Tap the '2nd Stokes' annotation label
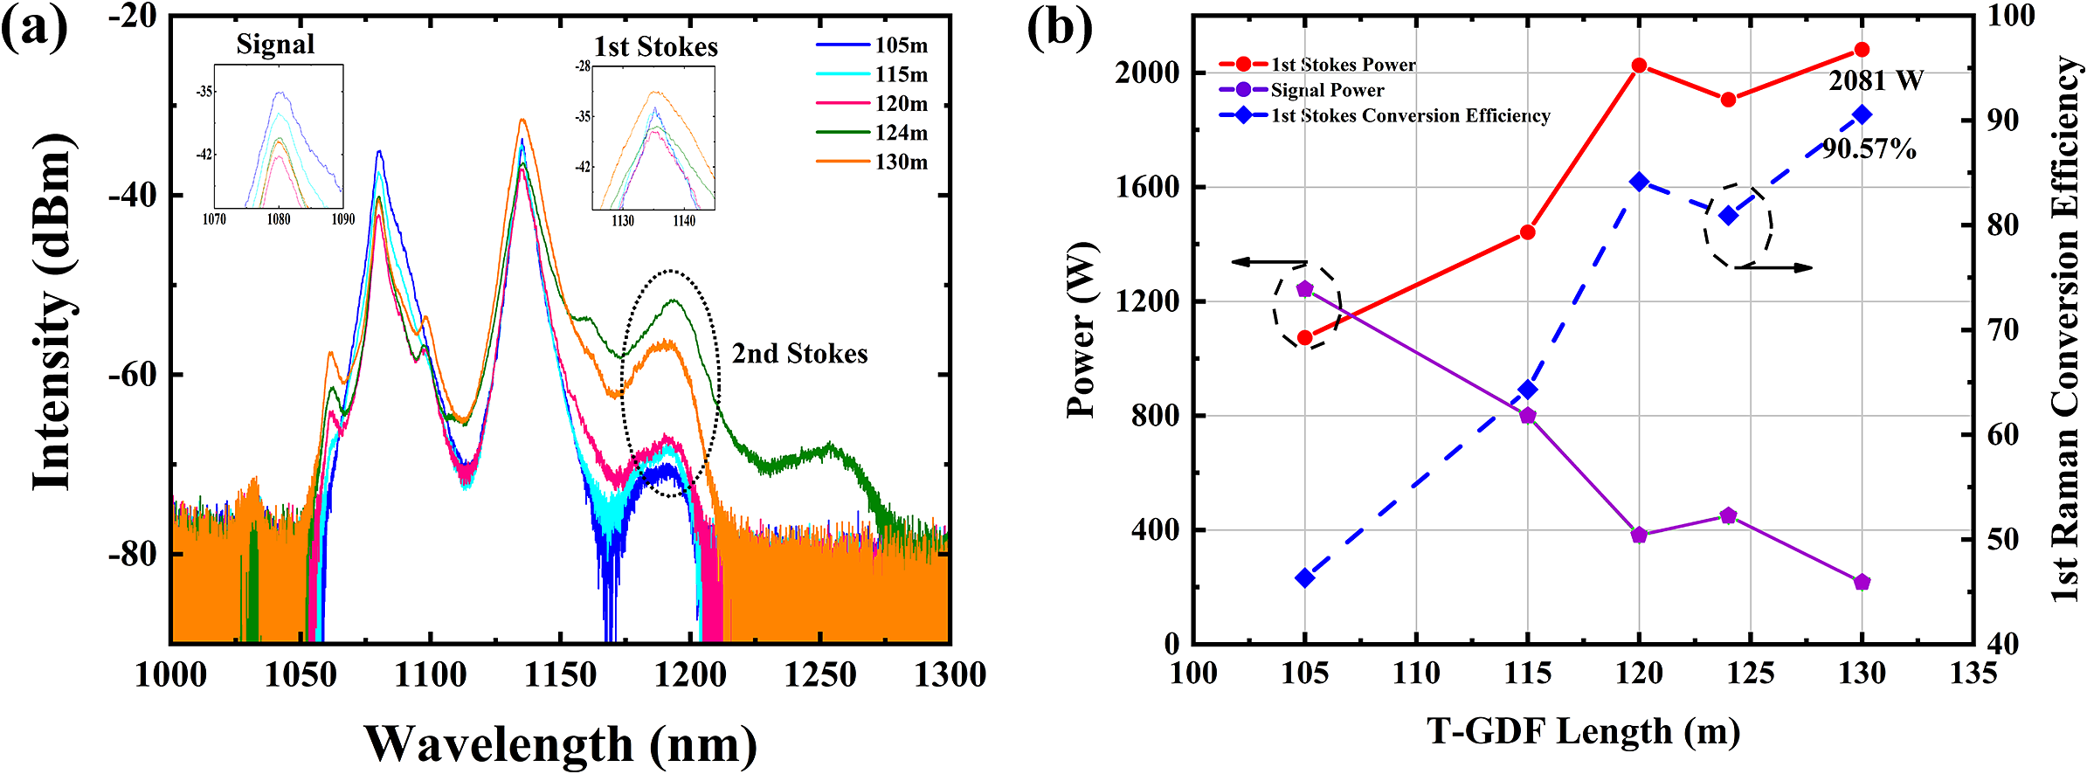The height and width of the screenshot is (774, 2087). (799, 354)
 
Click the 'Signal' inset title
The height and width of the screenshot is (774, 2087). (275, 45)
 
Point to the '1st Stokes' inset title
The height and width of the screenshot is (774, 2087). (656, 46)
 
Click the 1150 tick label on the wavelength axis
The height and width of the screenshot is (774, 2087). (559, 675)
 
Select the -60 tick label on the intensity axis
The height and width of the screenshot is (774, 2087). (133, 375)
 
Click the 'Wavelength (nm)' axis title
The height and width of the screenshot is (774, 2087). (560, 744)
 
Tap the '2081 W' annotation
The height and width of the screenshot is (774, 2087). (1876, 81)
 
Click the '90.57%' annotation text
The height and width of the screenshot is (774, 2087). (1869, 149)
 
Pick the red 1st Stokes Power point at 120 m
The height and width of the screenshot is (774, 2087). (1640, 66)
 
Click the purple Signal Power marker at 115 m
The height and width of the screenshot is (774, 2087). (1528, 416)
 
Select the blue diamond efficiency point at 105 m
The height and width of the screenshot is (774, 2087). (1305, 578)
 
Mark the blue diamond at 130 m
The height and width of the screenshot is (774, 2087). (1862, 115)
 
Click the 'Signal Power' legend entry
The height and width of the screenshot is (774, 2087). (1326, 90)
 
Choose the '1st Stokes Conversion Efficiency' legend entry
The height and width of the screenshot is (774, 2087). (1410, 115)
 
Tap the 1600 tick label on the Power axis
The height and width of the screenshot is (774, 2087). (1147, 188)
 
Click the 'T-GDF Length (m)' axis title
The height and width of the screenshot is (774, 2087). (1583, 731)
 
